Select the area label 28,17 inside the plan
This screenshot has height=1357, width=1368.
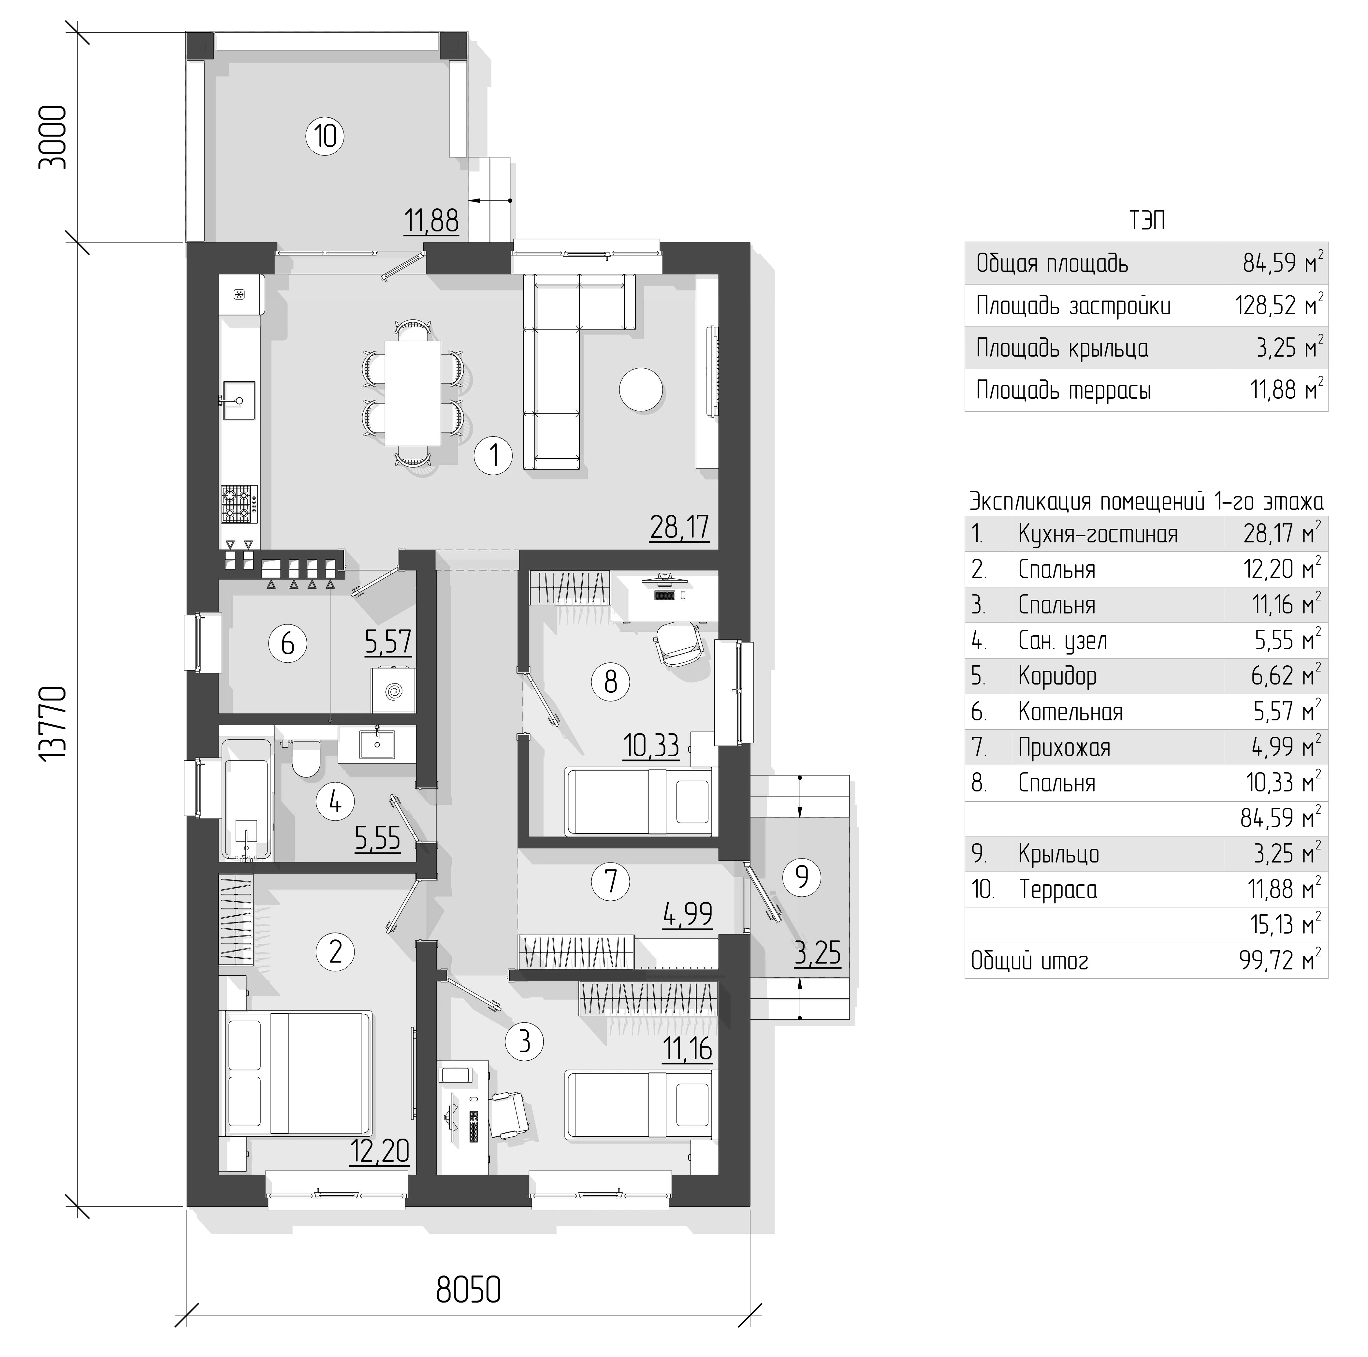679,528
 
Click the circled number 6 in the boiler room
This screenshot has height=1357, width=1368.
287,644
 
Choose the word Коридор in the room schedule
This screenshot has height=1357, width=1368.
1057,676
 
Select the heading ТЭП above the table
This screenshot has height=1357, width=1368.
1147,221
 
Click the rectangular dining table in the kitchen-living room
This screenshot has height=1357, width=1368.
413,393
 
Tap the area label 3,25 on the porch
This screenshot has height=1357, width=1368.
818,954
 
